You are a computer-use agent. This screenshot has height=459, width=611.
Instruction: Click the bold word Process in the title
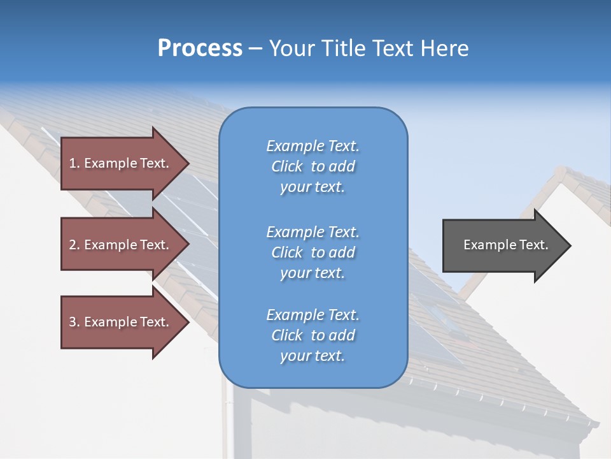[200, 48]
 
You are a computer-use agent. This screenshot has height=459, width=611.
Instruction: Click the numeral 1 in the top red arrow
[72, 163]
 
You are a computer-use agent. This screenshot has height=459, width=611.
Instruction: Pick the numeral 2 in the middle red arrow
[72, 245]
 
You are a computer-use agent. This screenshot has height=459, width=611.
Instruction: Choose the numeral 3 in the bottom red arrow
[72, 322]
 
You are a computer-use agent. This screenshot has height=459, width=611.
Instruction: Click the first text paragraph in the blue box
[313, 166]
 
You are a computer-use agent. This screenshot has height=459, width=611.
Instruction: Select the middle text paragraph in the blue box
[313, 252]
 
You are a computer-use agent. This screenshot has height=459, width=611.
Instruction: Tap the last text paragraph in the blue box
[313, 335]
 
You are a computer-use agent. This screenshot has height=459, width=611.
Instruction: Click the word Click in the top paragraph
[286, 166]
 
